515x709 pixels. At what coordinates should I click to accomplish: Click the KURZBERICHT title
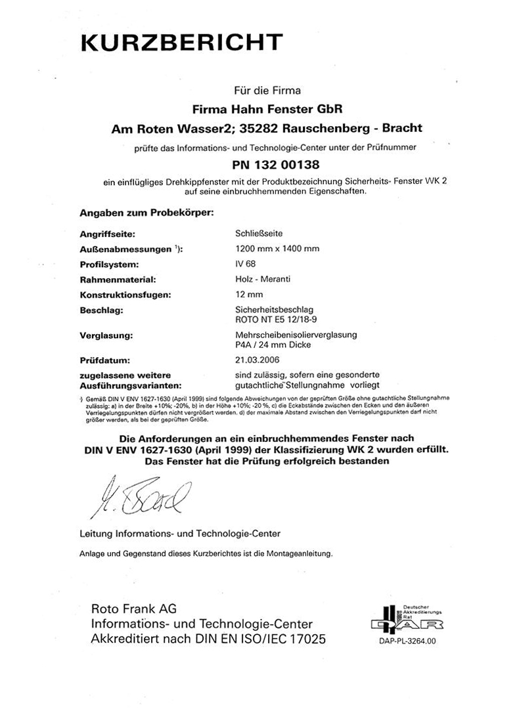(182, 43)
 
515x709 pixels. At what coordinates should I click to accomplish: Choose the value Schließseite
(259, 232)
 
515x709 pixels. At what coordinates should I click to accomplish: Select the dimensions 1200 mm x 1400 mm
(277, 248)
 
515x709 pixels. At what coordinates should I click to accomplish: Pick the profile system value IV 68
(245, 264)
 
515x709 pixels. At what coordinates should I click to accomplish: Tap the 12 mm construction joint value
(247, 295)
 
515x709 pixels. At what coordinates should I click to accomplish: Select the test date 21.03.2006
(257, 360)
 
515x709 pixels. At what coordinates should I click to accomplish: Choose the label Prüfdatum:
(106, 360)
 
